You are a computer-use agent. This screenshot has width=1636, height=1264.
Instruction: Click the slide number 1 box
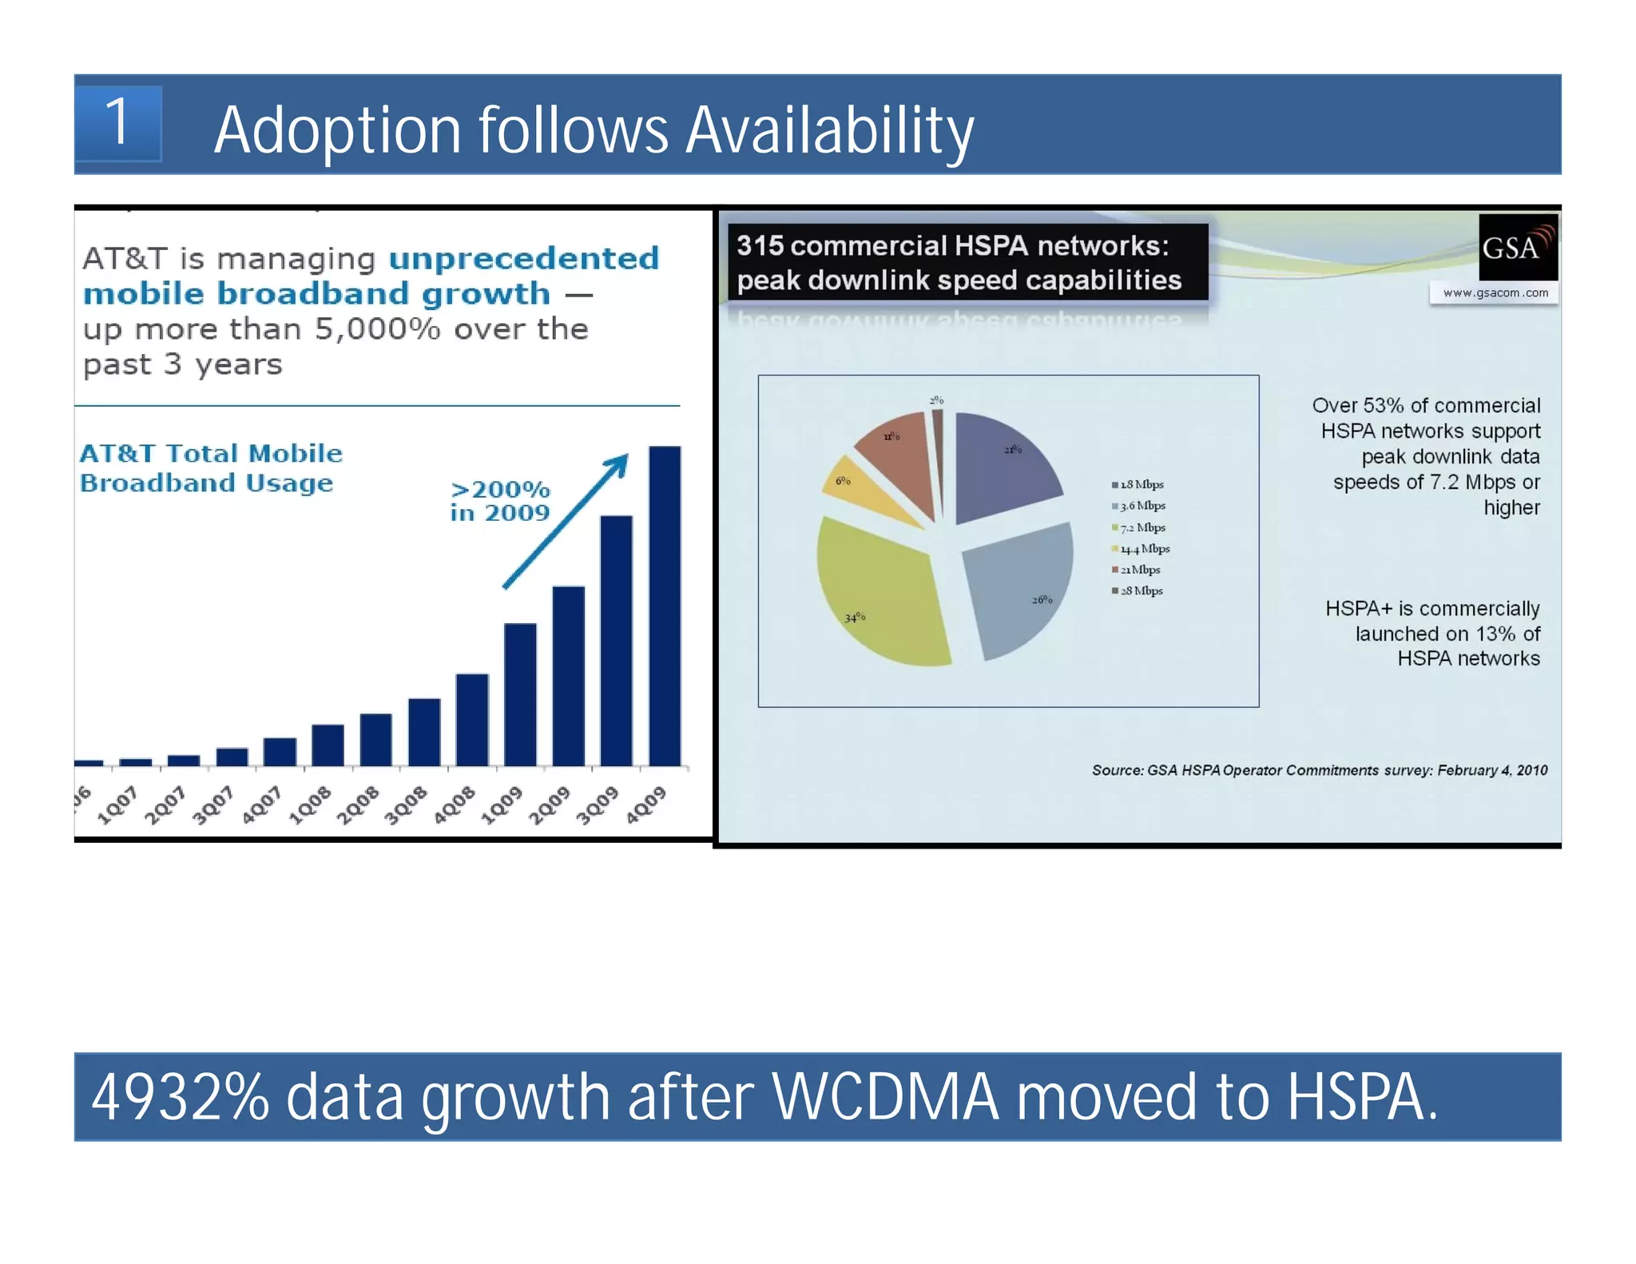[x=118, y=124]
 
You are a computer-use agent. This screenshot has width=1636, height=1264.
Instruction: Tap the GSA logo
[x=1516, y=247]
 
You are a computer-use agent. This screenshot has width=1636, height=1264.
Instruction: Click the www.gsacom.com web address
[x=1495, y=293]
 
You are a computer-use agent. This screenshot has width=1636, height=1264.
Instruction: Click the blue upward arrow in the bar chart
[x=566, y=521]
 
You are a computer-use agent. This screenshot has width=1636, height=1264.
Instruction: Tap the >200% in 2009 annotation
[x=500, y=501]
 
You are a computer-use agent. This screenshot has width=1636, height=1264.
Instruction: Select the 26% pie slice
[x=1016, y=587]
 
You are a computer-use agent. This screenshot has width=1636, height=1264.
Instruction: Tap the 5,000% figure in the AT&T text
[x=377, y=329]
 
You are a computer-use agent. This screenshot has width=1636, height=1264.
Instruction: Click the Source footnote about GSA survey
[x=1319, y=770]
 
